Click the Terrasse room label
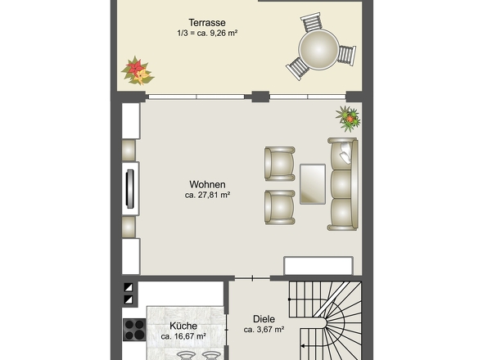point(207,22)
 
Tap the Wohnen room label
point(207,184)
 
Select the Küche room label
point(183,326)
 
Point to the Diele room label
point(264,319)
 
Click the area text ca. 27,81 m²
point(208,195)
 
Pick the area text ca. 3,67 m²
point(264,330)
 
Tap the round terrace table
point(318,49)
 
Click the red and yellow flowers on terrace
point(138,71)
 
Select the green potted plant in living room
point(349,119)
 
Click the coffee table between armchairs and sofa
point(313,184)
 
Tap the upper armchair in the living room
point(280,164)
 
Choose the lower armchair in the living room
point(280,207)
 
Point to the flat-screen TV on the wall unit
point(130,189)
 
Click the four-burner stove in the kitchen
point(134,330)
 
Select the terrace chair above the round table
point(311,21)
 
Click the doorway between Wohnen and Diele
point(253,278)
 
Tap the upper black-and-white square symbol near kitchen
point(129,287)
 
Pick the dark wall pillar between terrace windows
point(260,97)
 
